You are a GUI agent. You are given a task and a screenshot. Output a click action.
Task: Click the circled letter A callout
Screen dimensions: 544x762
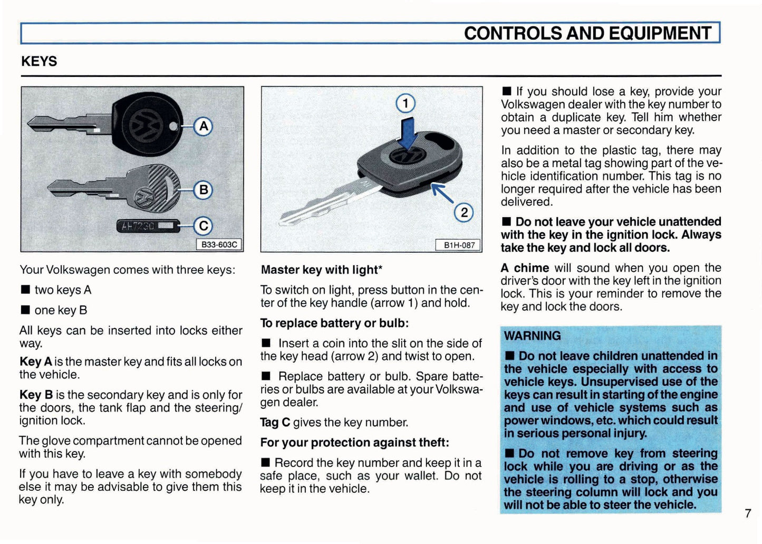204,127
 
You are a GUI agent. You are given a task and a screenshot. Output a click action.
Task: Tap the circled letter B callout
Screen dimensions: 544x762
203,190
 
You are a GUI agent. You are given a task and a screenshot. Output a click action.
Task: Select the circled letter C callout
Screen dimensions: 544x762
202,226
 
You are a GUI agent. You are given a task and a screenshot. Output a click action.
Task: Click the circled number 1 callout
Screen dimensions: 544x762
406,103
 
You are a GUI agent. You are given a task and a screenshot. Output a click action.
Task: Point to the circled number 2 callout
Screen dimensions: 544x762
464,212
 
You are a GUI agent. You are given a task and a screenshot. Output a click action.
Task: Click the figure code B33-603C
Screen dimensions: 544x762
219,245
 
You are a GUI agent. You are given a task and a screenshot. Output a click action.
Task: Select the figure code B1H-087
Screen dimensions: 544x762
459,245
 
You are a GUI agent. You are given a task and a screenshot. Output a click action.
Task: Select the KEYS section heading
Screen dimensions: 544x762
39,61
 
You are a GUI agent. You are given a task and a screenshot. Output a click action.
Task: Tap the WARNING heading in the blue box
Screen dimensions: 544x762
532,336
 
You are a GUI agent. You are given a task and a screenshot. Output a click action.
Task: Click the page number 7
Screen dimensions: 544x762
748,513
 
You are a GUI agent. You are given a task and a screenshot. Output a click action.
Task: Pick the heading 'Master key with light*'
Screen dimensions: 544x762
321,270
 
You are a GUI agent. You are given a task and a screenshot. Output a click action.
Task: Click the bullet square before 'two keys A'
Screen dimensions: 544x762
25,290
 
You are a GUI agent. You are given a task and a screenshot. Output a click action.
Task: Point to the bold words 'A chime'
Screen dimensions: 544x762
525,268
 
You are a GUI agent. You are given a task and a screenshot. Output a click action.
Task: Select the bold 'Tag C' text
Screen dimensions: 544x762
275,422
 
